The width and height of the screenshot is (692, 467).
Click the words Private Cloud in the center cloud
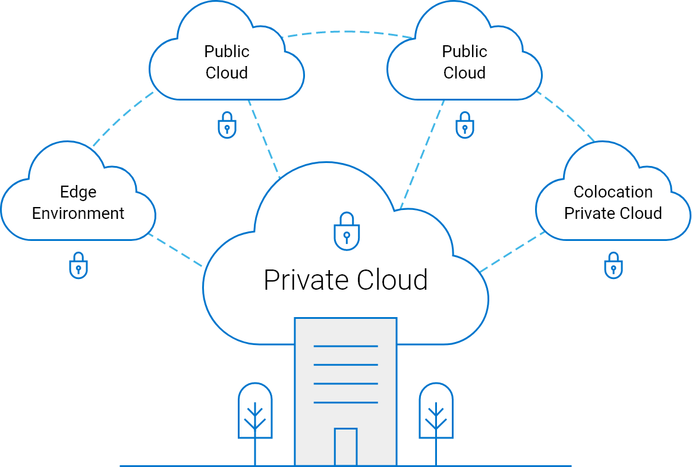(345, 280)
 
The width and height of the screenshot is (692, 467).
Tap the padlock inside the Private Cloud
(346, 231)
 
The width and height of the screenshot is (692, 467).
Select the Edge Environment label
(78, 203)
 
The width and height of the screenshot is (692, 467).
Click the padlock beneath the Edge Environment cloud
(78, 265)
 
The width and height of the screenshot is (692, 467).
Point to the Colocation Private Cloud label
(613, 203)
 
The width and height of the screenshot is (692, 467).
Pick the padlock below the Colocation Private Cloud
(613, 265)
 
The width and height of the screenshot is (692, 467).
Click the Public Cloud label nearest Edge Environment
(227, 62)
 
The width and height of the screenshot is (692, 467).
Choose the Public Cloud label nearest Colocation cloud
(464, 62)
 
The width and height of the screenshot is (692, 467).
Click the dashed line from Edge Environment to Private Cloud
(176, 251)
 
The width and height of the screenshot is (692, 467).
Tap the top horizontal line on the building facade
(345, 346)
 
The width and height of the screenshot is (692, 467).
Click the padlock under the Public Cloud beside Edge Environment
(227, 126)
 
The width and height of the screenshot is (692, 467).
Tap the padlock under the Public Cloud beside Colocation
(464, 126)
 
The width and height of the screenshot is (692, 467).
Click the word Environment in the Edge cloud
(78, 214)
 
